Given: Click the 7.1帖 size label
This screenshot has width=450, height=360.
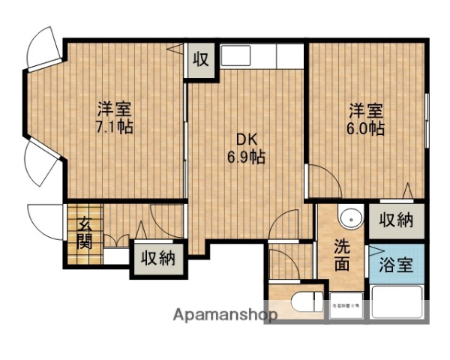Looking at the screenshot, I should click(115, 127).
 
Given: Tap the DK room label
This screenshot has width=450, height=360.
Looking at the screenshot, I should click(247, 140).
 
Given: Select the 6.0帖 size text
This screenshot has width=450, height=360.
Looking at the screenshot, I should click(366, 128).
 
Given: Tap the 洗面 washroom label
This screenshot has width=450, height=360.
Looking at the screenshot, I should click(342, 255).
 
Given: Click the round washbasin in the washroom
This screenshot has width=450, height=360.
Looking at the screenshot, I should click(349, 217).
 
